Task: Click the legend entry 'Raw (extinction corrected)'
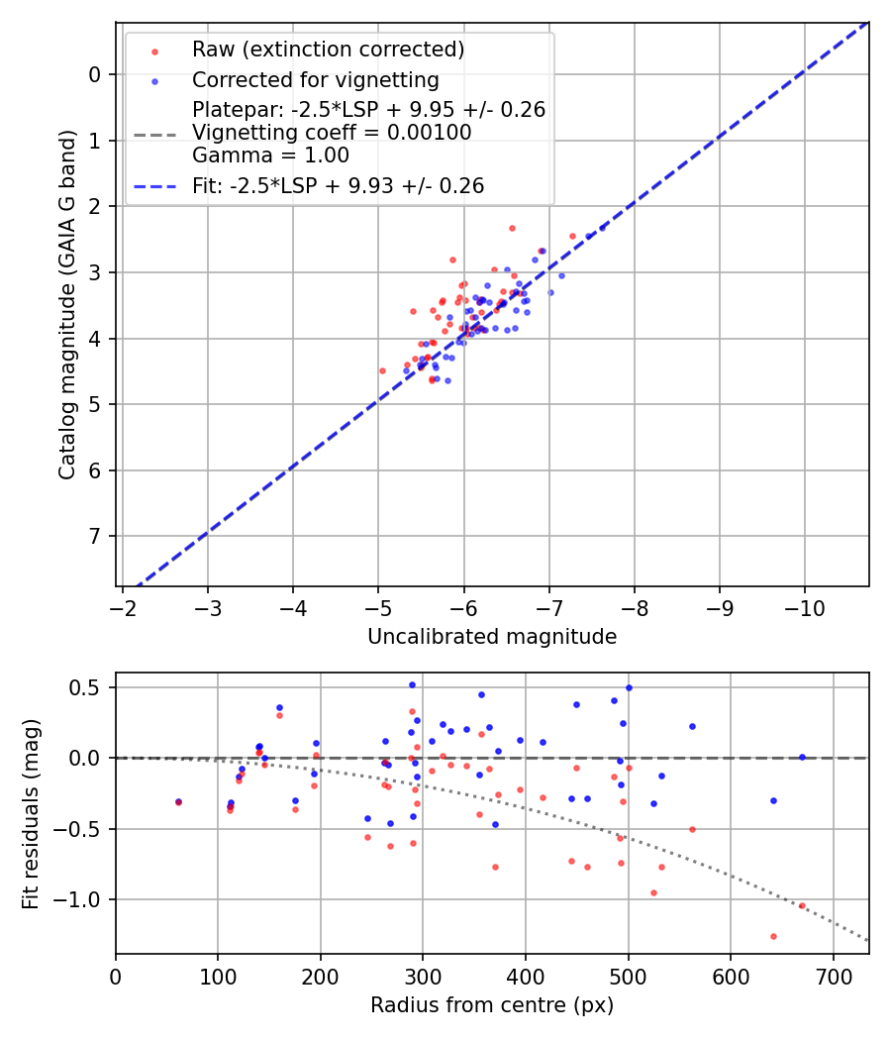[328, 50]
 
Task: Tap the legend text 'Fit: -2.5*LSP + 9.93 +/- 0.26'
[339, 185]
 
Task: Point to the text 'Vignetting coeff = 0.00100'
[332, 133]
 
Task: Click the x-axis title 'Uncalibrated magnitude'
[492, 637]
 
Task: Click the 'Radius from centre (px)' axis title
[492, 1005]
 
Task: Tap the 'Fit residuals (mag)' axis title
[31, 814]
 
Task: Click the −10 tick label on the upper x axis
[803, 605]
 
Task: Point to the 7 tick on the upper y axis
[94, 537]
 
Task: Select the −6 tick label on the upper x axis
[462, 605]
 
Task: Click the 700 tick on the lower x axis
[833, 975]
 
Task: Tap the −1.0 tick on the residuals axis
[85, 899]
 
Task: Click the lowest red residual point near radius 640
[773, 936]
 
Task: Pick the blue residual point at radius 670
[802, 757]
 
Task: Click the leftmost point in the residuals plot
[178, 801]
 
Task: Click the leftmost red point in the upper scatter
[382, 370]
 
